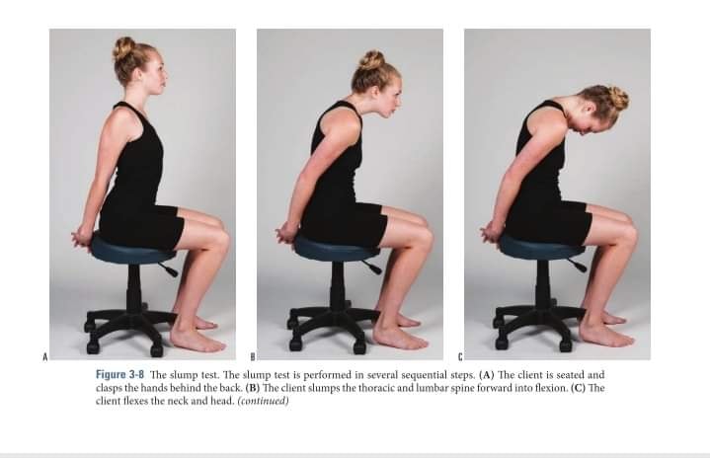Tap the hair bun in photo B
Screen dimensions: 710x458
371,60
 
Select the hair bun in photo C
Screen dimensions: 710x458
616,99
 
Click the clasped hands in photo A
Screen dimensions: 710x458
83,238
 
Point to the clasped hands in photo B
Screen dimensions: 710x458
286,234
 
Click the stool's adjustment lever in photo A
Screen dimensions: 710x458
169,268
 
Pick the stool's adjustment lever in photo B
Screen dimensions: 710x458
371,267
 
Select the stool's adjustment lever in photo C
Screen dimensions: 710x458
577,265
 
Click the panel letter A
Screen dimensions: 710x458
44,356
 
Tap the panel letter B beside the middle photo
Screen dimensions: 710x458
253,356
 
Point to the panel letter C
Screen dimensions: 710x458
460,356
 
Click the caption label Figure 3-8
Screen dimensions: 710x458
120,375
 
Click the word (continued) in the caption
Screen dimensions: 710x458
263,401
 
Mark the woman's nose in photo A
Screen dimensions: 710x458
166,77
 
